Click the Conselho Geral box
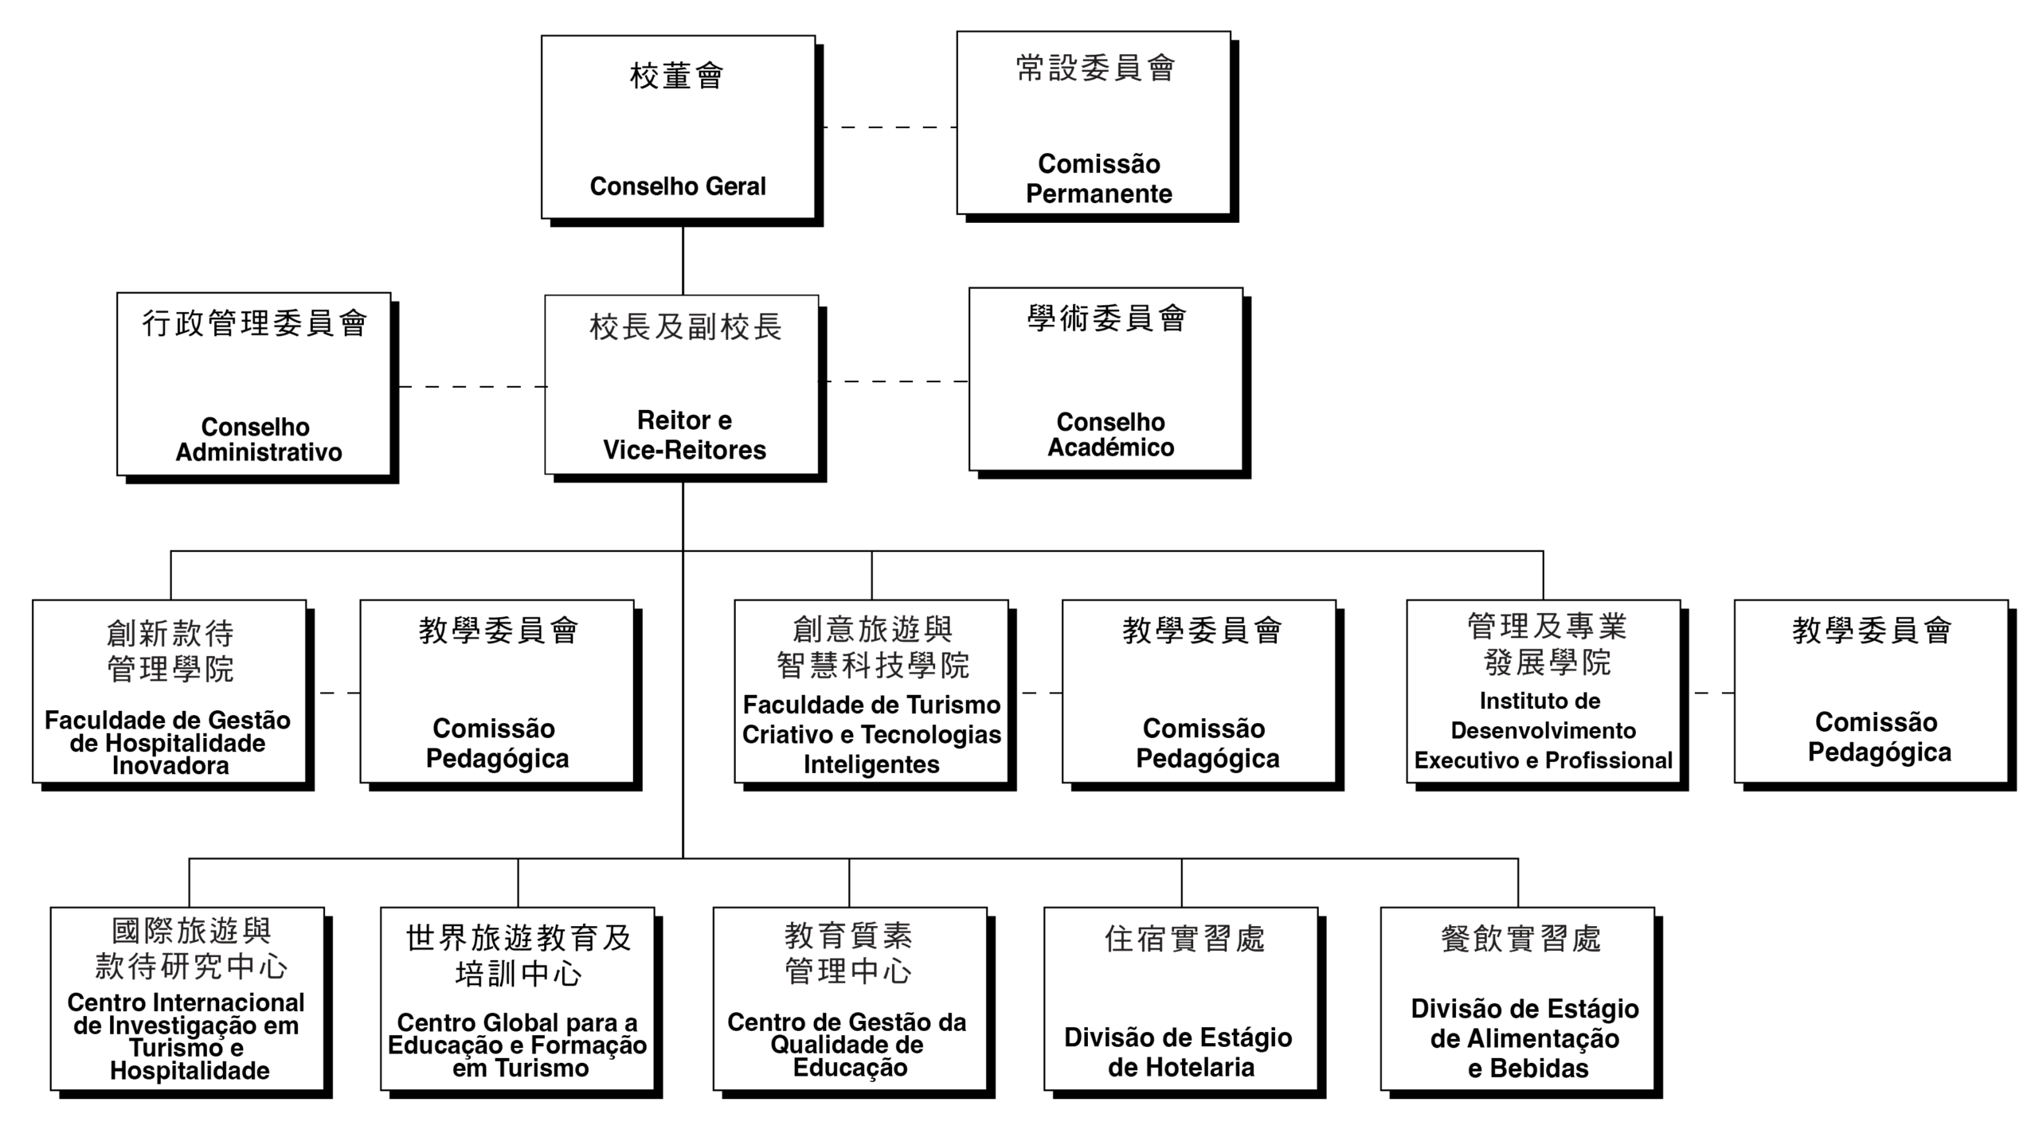tap(678, 127)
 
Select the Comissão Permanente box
tap(1094, 123)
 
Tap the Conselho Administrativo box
tap(254, 384)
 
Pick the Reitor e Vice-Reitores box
tap(682, 385)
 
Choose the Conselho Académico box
tap(1106, 379)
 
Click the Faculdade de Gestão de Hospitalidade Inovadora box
tap(169, 691)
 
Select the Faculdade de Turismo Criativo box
tap(871, 691)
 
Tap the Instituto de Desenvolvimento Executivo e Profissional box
tap(1544, 691)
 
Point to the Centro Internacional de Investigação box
tap(188, 998)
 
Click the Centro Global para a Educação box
tap(518, 998)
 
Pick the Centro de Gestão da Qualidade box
tap(850, 998)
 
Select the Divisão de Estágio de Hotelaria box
tap(1181, 998)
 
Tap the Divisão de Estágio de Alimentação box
tap(1518, 998)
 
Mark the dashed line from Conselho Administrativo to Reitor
tap(472, 387)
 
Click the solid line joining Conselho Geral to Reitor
tap(683, 260)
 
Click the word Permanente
tap(1098, 194)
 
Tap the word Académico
tap(1110, 447)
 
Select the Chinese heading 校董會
tap(676, 76)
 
